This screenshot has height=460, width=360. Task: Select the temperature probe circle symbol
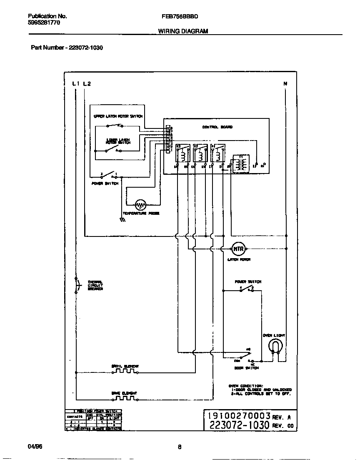[x=141, y=204]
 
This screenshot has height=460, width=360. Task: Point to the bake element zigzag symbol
[x=124, y=398]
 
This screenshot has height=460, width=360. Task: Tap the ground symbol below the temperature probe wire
[x=122, y=219]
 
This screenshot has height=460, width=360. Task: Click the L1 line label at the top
[x=75, y=83]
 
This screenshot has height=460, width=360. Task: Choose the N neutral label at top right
[x=285, y=83]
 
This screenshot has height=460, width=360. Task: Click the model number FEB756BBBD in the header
[x=180, y=17]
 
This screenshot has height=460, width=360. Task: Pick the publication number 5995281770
[x=44, y=23]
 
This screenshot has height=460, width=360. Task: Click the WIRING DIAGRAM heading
[x=183, y=31]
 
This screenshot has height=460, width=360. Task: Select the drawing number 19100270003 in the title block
[x=236, y=416]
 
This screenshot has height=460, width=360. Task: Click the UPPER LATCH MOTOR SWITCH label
[x=118, y=116]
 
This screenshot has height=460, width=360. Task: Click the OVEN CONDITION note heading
[x=246, y=386]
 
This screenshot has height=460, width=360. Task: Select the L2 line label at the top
[x=87, y=83]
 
